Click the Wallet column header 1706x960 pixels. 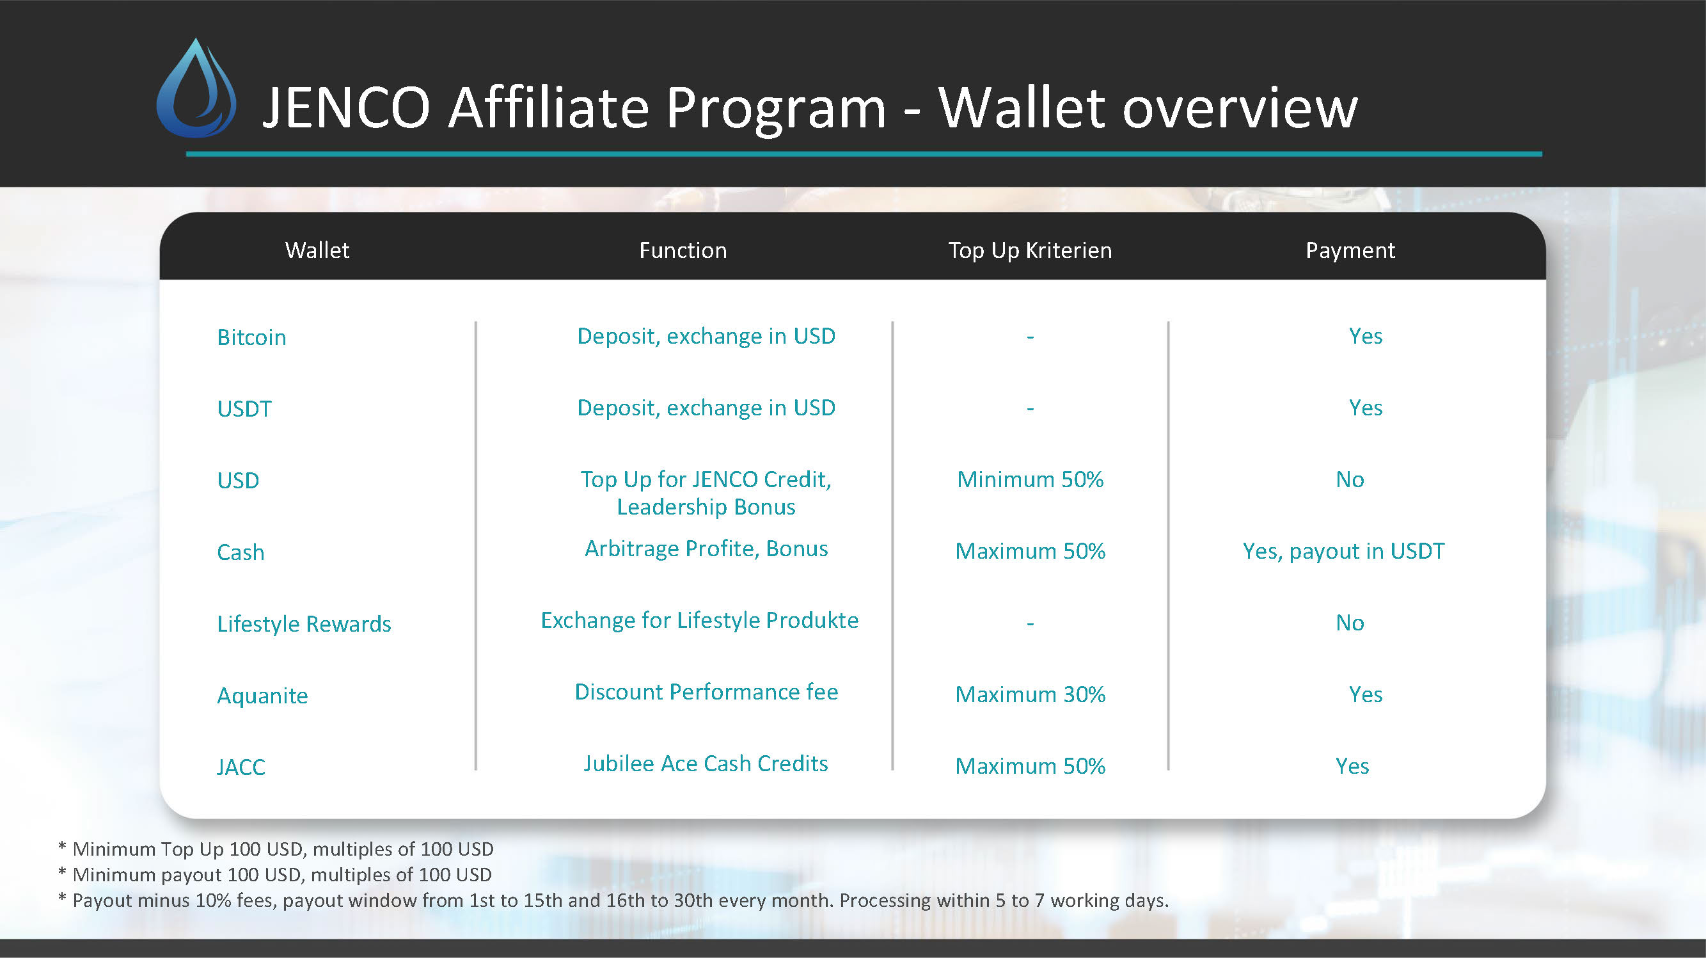click(317, 250)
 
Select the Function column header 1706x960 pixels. click(683, 250)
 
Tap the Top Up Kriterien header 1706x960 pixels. click(1030, 251)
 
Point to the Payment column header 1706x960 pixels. click(1350, 251)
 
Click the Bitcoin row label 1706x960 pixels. click(251, 337)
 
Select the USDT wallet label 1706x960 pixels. click(244, 409)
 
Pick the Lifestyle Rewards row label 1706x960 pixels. click(304, 624)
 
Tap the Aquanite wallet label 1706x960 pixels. click(262, 696)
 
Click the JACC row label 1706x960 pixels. click(241, 767)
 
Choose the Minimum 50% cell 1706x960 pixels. click(1030, 479)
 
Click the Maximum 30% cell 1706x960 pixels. click(1030, 694)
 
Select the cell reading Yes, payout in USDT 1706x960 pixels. click(1343, 551)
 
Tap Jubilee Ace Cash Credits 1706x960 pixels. click(706, 764)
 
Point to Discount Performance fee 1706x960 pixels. click(706, 692)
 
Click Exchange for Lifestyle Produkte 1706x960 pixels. click(699, 620)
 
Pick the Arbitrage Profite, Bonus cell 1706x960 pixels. click(706, 548)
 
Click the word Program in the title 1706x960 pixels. click(775, 109)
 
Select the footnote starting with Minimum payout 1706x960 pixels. click(275, 874)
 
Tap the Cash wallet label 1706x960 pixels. click(241, 552)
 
